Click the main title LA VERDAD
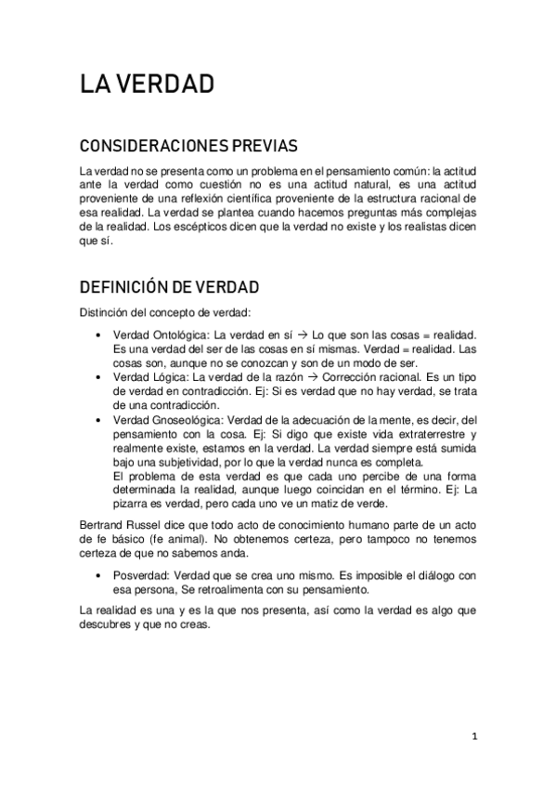pyautogui.click(x=147, y=85)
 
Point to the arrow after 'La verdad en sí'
pyautogui.click(x=302, y=334)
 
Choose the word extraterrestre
pyautogui.click(x=418, y=435)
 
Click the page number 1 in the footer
pyautogui.click(x=474, y=737)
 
